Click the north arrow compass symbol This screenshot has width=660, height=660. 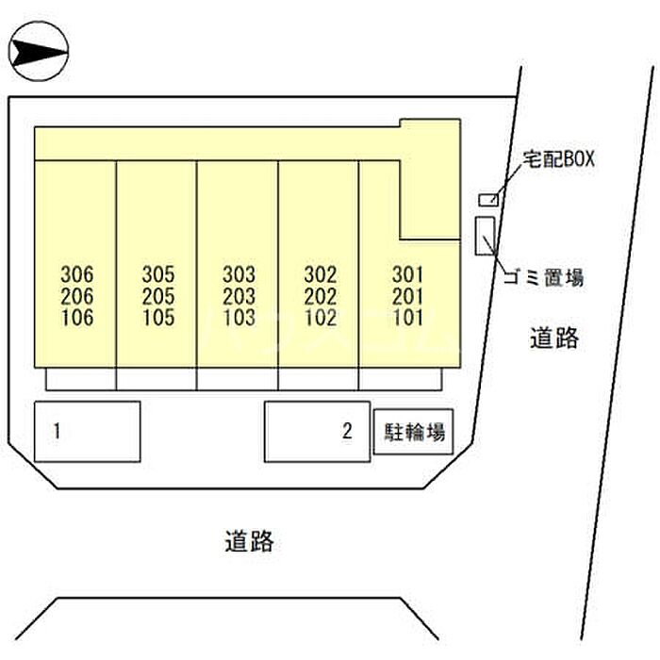[39, 51]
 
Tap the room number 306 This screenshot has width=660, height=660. [77, 275]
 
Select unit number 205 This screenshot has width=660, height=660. [158, 296]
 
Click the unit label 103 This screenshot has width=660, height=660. [239, 318]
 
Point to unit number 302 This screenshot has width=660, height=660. [321, 275]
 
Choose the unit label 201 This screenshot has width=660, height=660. [407, 296]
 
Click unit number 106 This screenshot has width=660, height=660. [77, 318]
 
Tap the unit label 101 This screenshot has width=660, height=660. [407, 318]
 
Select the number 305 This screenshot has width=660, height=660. [158, 275]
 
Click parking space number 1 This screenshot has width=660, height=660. [57, 431]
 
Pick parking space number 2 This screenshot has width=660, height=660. [347, 431]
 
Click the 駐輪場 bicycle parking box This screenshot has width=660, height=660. [413, 432]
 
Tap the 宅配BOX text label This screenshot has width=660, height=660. [558, 159]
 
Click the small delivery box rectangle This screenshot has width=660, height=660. [488, 200]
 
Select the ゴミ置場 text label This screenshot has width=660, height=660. [544, 278]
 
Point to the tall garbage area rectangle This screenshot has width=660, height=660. [486, 236]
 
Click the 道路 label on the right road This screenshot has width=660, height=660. [554, 338]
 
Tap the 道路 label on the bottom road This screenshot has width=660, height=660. [249, 541]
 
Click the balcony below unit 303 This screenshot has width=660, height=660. [238, 379]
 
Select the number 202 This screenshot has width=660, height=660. [321, 296]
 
